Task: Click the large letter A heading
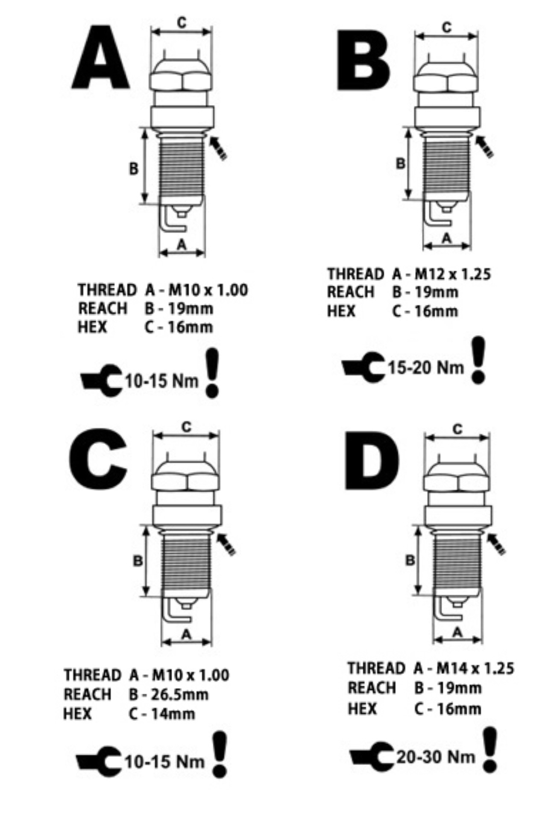tap(101, 58)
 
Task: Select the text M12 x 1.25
tap(453, 274)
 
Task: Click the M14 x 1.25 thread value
tap(475, 668)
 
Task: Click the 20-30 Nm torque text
tap(436, 757)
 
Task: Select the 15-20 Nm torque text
tap(425, 367)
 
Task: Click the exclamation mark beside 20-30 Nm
tap(490, 750)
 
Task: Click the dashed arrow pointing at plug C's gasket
tap(226, 544)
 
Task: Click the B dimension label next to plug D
tap(410, 560)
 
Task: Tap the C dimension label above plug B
tap(446, 27)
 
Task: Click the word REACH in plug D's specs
tap(372, 688)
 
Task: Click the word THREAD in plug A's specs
tap(107, 290)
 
